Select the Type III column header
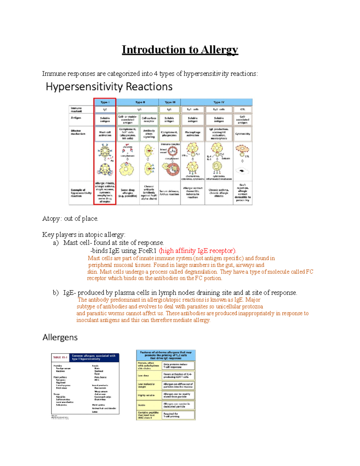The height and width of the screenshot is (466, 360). click(x=170, y=102)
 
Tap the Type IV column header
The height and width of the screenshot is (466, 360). click(x=217, y=102)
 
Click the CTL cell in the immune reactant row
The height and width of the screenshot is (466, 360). click(x=242, y=110)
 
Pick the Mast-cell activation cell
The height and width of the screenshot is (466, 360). click(x=105, y=134)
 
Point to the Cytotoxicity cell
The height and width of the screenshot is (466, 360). click(x=242, y=134)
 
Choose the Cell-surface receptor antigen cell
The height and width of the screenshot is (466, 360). click(x=149, y=120)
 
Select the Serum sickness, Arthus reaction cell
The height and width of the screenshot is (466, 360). click(x=169, y=193)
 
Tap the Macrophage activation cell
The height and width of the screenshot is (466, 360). click(x=193, y=134)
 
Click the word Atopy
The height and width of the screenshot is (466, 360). click(x=51, y=219)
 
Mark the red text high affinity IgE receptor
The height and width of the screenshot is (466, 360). click(x=197, y=251)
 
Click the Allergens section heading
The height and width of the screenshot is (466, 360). click(x=60, y=338)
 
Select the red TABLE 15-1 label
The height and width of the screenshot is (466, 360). click(x=60, y=357)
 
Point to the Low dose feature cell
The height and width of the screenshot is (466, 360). click(x=142, y=376)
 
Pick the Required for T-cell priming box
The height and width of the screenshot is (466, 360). click(x=178, y=415)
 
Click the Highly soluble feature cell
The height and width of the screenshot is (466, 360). click(x=146, y=395)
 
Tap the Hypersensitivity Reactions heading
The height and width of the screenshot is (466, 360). click(x=109, y=87)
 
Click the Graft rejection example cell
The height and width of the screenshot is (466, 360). click(x=242, y=193)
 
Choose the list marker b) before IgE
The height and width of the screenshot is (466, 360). click(x=56, y=293)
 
